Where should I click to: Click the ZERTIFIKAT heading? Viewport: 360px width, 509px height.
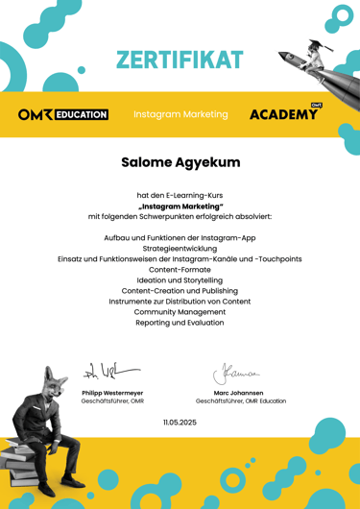pos(180,60)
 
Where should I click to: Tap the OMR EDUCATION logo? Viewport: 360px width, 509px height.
pos(63,114)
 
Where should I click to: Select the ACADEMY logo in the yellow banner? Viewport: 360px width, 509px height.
pos(285,114)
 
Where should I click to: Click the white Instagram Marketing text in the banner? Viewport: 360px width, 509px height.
pos(180,114)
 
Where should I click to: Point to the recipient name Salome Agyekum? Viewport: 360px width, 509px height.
pos(180,162)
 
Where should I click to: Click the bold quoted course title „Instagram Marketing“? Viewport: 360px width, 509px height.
pos(180,206)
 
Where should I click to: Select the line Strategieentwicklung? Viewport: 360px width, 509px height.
pos(180,248)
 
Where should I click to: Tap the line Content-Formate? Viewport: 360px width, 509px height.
pos(180,270)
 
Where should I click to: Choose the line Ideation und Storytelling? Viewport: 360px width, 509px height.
pos(180,280)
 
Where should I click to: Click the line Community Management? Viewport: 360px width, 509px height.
pos(180,312)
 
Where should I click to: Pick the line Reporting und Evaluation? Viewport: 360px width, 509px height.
pos(180,323)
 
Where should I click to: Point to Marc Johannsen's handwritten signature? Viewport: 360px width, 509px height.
pos(235,370)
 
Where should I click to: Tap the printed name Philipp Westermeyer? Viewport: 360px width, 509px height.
pos(112,392)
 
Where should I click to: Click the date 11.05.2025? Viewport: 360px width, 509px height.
pos(180,422)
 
